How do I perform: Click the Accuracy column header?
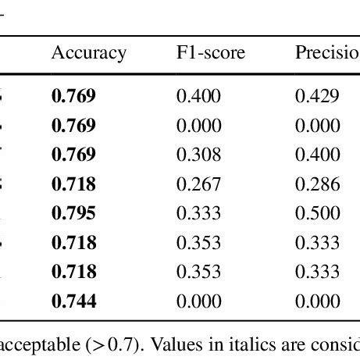(x=88, y=53)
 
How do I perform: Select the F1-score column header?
(x=210, y=53)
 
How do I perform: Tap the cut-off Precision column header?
(x=326, y=53)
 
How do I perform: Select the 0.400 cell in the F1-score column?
(x=198, y=97)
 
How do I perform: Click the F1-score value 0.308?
(x=198, y=155)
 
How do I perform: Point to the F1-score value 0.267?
(x=198, y=185)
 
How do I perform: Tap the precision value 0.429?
(x=317, y=97)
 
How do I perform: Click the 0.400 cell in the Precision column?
(x=317, y=155)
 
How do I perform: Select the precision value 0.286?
(x=317, y=185)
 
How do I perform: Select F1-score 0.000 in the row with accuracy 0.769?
(x=198, y=126)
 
